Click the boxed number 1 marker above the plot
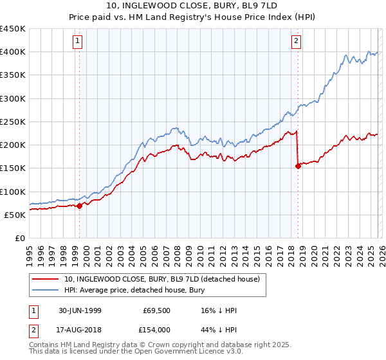coord(78,42)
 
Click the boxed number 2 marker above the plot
coord(296,42)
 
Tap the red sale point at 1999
coord(80,206)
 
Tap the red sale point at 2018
coord(298,166)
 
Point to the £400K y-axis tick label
coord(13,52)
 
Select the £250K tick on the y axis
coord(13,122)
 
